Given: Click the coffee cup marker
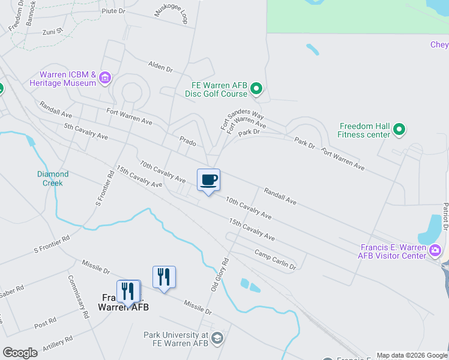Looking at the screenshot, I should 208,180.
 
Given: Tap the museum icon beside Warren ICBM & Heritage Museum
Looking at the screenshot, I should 106,77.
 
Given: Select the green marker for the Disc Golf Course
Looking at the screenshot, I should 256,89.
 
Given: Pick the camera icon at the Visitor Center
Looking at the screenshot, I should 436,250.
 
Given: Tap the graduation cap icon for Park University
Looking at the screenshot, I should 217,338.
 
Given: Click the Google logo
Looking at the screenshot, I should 20,353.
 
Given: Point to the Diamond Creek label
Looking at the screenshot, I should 53,178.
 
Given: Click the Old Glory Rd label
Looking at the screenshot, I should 220,275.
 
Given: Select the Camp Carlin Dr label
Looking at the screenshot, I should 275,259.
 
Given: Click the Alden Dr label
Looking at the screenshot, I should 160,66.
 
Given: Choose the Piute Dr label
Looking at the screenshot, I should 113,11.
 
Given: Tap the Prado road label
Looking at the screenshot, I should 188,142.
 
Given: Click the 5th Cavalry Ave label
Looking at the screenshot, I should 86,131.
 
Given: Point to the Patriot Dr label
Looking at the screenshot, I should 445,216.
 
